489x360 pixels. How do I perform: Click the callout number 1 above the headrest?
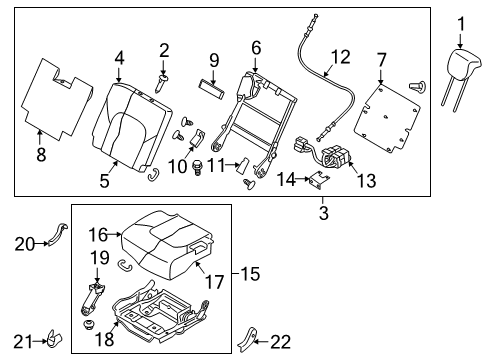click(462, 23)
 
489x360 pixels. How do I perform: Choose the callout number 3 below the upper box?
click(323, 212)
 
